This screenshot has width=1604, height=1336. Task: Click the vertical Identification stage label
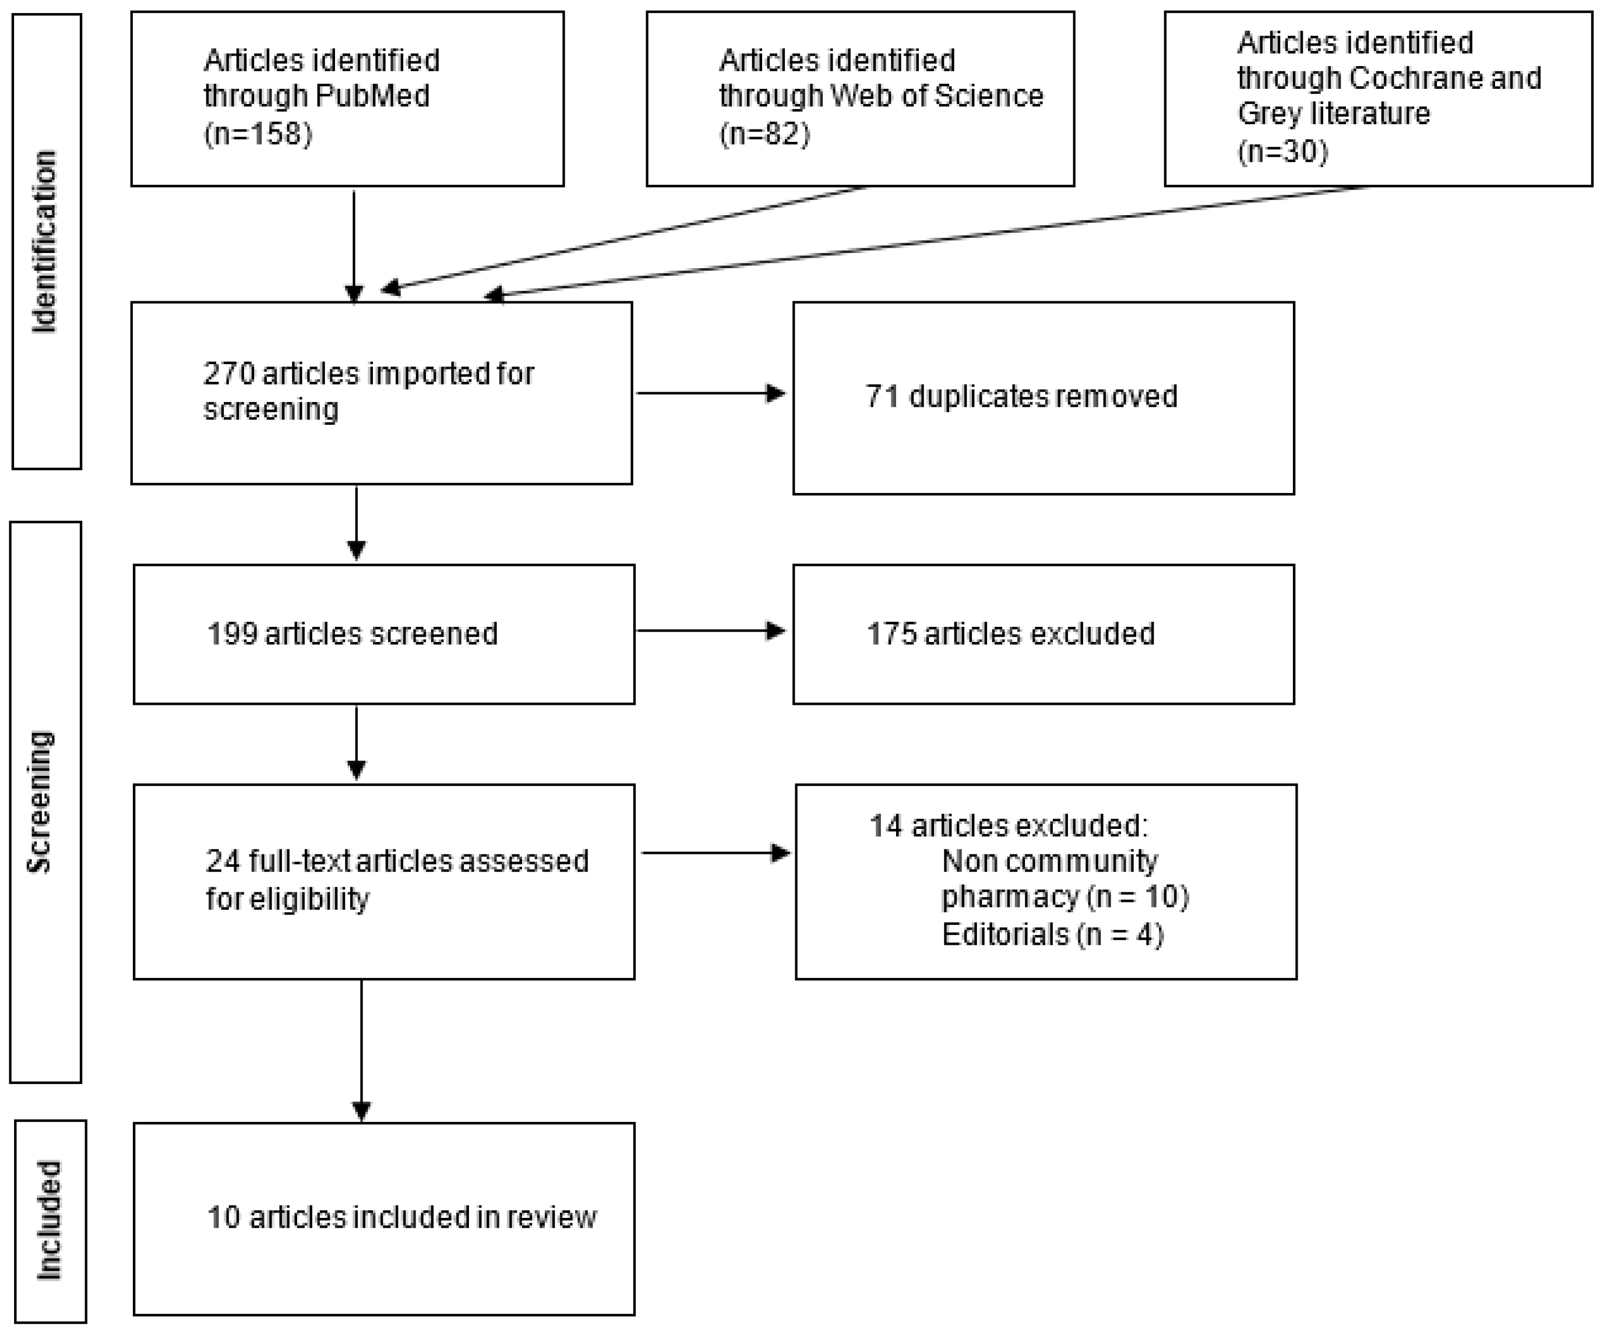pyautogui.click(x=45, y=241)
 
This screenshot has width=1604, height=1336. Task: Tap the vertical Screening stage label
pyautogui.click(x=40, y=802)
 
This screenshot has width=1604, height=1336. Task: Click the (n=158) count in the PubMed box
pyautogui.click(x=258, y=134)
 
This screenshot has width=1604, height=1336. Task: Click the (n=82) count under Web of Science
pyautogui.click(x=764, y=134)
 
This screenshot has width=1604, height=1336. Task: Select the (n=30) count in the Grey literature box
pyautogui.click(x=1283, y=151)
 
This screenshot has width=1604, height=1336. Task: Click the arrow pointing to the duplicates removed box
pyautogui.click(x=710, y=393)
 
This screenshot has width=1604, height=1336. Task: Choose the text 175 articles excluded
pyautogui.click(x=1010, y=634)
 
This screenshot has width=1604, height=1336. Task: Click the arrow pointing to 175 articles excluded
pyautogui.click(x=710, y=631)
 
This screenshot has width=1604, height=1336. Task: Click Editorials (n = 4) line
pyautogui.click(x=1052, y=935)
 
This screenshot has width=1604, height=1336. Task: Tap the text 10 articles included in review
pyautogui.click(x=402, y=1217)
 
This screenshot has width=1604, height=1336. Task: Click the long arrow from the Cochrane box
pyautogui.click(x=917, y=242)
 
